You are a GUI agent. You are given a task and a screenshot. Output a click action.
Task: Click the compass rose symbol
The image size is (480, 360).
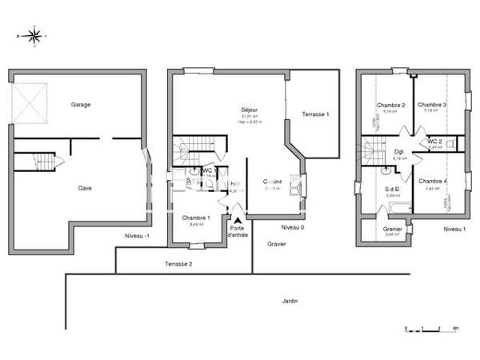tap(34, 36)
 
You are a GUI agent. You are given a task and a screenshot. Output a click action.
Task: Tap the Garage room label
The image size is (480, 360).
tap(80, 105)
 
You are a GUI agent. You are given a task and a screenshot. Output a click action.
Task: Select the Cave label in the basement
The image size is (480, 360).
tap(84, 188)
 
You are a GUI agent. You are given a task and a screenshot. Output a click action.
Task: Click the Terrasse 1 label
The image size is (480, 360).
tap(315, 114)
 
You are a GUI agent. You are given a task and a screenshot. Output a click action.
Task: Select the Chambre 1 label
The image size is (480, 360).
tap(196, 218)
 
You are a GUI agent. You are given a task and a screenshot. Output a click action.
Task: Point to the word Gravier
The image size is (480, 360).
tap(277, 243)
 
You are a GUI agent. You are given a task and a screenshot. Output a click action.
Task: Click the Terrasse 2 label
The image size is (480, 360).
tap(178, 263)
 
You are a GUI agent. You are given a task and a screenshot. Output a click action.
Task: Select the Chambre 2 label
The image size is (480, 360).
tap(391, 106)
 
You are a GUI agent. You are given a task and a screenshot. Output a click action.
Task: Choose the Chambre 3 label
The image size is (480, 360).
tap(432, 106)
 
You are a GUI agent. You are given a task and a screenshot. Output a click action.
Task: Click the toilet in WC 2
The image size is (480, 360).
tap(451, 144)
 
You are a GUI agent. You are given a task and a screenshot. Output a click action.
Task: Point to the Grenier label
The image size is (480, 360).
tap(392, 228)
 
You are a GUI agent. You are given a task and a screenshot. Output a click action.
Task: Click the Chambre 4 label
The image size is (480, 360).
tap(432, 181)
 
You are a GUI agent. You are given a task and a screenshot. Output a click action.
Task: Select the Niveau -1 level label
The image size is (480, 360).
tap(137, 236)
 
